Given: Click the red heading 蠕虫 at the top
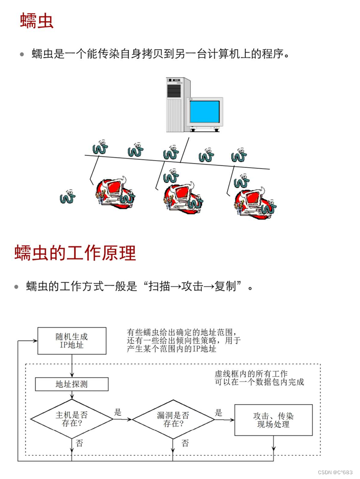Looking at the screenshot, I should (x=37, y=21).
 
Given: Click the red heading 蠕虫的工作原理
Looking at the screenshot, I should (x=75, y=252).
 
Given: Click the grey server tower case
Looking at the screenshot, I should (x=176, y=104).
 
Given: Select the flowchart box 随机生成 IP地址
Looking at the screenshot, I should (x=72, y=341).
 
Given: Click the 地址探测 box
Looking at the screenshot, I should (x=72, y=384).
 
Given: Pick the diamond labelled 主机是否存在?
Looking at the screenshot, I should (x=72, y=419).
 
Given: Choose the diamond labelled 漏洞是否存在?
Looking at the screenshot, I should (x=173, y=419).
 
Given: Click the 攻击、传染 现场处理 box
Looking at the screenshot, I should (x=273, y=420).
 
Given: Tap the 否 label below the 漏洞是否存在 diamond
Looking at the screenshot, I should (x=185, y=443).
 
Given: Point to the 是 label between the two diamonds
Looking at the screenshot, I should (x=118, y=412).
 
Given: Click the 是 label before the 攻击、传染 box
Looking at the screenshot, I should (x=219, y=412).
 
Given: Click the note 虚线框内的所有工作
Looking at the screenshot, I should (x=251, y=373).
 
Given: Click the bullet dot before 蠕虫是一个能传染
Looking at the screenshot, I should (x=22, y=55).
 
